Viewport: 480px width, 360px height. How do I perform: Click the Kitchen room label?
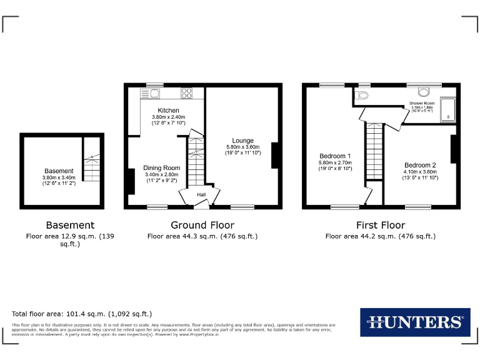[168, 111]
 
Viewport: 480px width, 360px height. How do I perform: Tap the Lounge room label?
[242, 140]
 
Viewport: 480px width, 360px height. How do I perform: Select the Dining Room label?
[161, 168]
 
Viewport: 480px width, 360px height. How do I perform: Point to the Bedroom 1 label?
[335, 156]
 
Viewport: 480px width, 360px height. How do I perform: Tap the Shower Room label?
[422, 102]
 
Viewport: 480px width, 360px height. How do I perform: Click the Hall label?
[201, 195]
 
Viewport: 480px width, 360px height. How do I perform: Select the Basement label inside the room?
[59, 171]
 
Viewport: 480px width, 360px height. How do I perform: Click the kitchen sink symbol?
[150, 93]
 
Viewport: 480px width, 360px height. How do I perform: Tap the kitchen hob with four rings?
[187, 93]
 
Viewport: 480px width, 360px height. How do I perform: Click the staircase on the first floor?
[373, 153]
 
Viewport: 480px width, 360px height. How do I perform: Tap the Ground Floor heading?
[202, 225]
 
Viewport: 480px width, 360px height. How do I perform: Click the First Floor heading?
[381, 225]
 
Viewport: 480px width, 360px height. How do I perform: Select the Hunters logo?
[415, 322]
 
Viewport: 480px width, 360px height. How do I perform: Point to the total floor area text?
[82, 314]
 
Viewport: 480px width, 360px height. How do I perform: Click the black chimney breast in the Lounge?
[274, 156]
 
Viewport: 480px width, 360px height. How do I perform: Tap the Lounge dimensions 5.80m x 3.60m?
[242, 147]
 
